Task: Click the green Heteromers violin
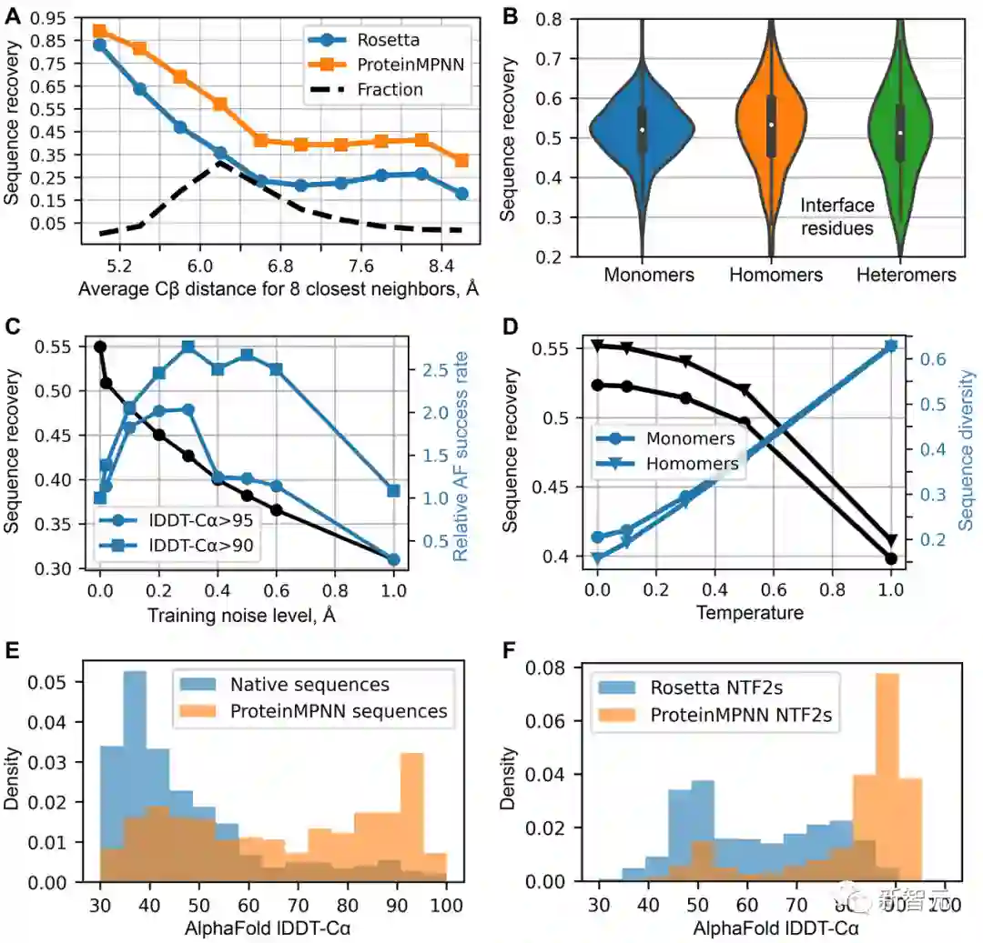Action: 900,127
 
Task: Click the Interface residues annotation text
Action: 837,216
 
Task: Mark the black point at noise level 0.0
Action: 100,346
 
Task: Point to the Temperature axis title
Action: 750,613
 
